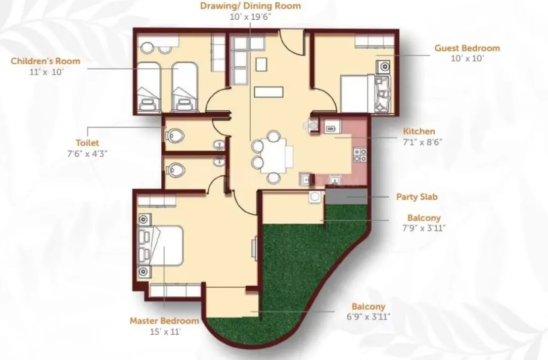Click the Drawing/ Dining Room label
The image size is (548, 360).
pyautogui.click(x=250, y=7)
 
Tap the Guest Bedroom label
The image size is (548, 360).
pyautogui.click(x=467, y=48)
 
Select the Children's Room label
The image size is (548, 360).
pyautogui.click(x=45, y=61)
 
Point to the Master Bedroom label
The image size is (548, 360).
pyautogui.click(x=164, y=321)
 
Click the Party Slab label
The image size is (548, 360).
pyautogui.click(x=417, y=197)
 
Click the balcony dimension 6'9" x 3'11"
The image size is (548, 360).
pyautogui.click(x=369, y=317)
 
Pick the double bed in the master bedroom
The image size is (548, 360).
pyautogui.click(x=162, y=247)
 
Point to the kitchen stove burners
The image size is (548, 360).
pyautogui.click(x=360, y=155)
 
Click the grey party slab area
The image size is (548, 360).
pyautogui.click(x=346, y=197)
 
